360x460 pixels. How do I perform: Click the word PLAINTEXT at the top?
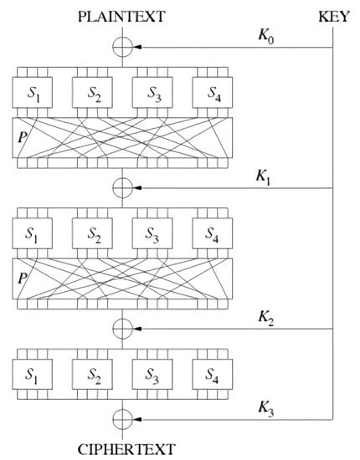pos(123,16)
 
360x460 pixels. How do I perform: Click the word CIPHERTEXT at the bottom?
pos(123,448)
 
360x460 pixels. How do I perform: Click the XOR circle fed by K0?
pos(123,49)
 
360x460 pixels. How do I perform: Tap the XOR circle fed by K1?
pos(123,187)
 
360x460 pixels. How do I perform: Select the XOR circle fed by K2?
pos(123,327)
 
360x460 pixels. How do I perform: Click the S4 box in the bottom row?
pos(212,373)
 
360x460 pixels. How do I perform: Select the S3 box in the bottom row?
pos(152,373)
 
